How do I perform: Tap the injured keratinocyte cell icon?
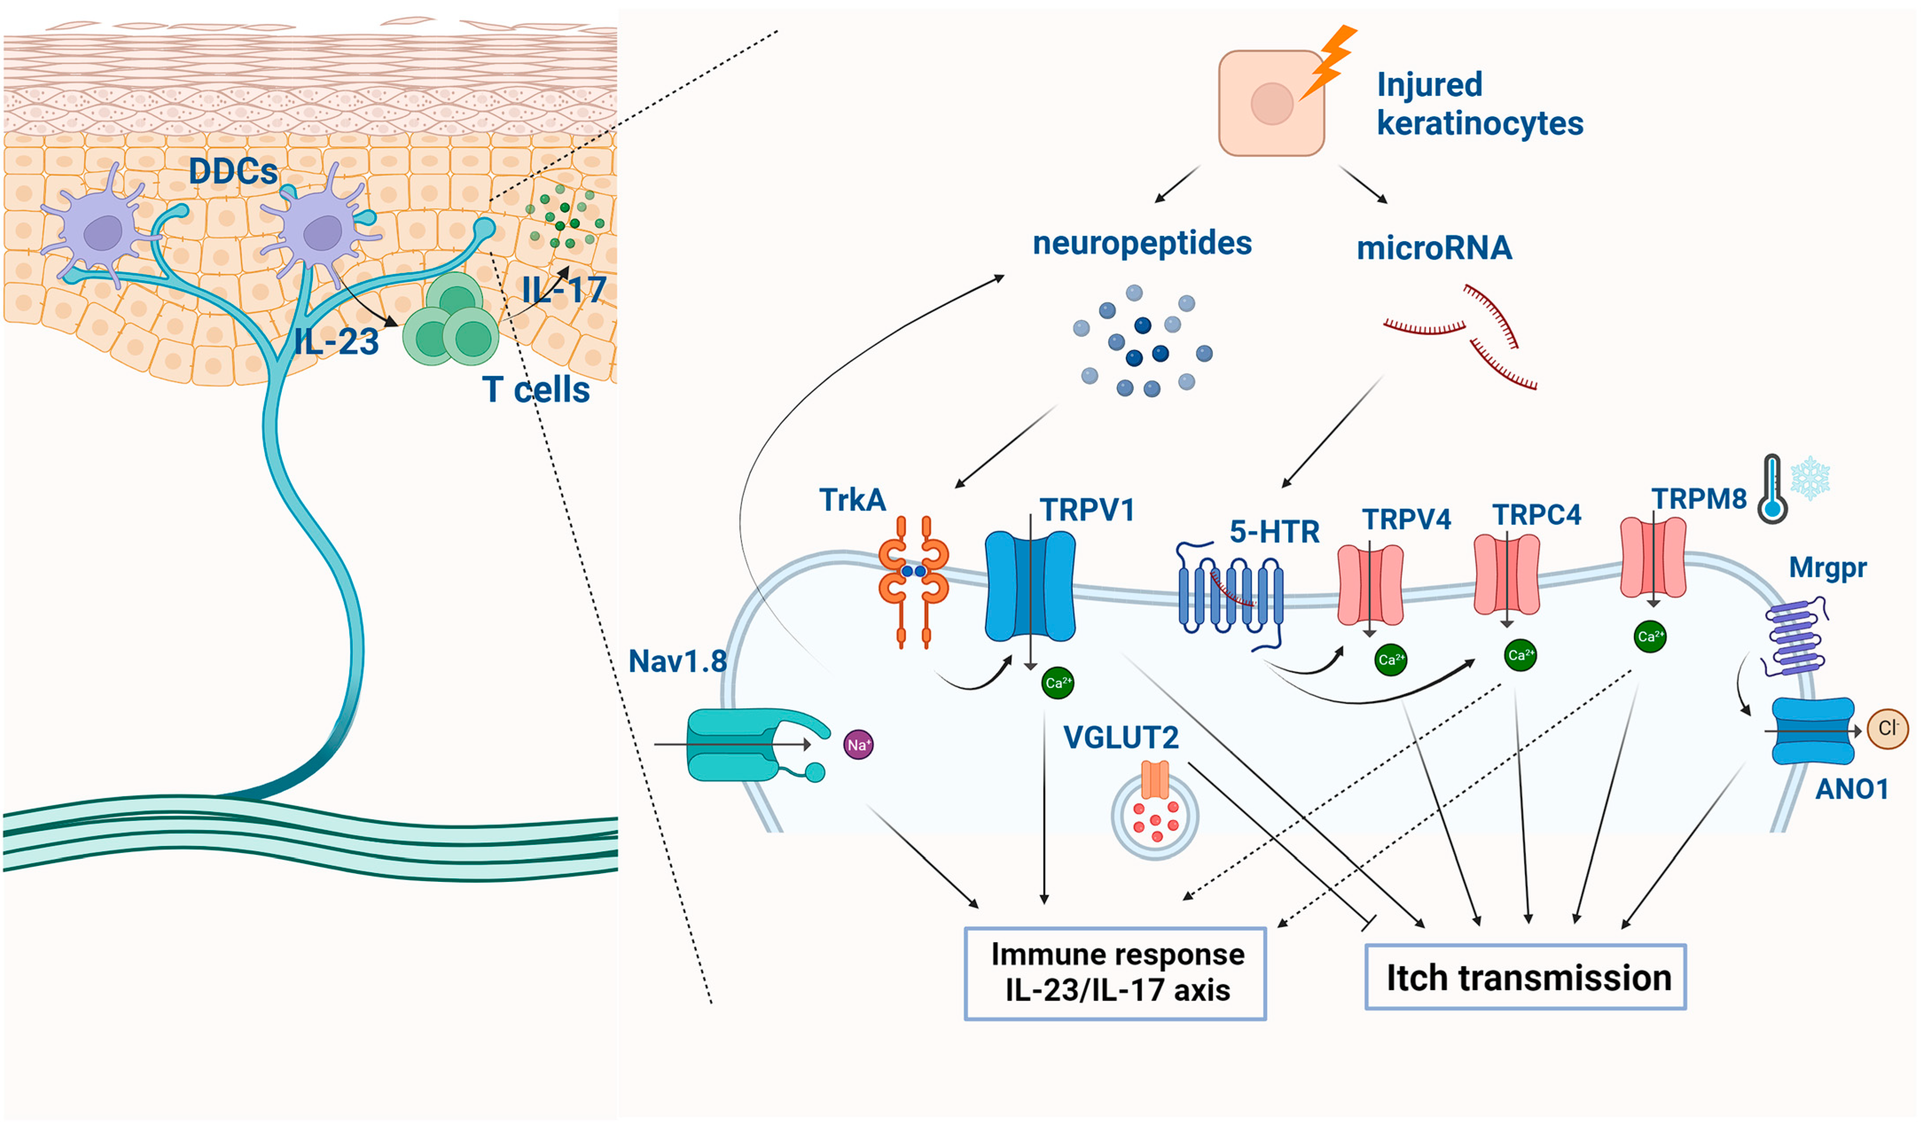pyautogui.click(x=1271, y=103)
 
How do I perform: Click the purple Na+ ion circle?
pyautogui.click(x=858, y=745)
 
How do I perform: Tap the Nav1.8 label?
pyautogui.click(x=677, y=661)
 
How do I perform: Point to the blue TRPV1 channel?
pyautogui.click(x=1031, y=586)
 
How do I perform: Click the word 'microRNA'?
pyautogui.click(x=1434, y=248)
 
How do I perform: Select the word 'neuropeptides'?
pyautogui.click(x=1142, y=243)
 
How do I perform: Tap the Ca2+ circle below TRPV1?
pyautogui.click(x=1058, y=682)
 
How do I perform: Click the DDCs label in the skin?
pyautogui.click(x=234, y=171)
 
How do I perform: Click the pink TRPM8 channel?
pyautogui.click(x=1653, y=557)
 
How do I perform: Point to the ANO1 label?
pyautogui.click(x=1852, y=788)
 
